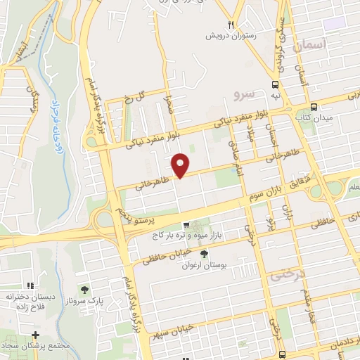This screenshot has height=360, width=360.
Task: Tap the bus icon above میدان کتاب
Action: pyautogui.click(x=313, y=107)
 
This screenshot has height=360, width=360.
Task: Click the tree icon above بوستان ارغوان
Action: pyautogui.click(x=204, y=254)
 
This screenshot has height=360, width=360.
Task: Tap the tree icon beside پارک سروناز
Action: pyautogui.click(x=84, y=289)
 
